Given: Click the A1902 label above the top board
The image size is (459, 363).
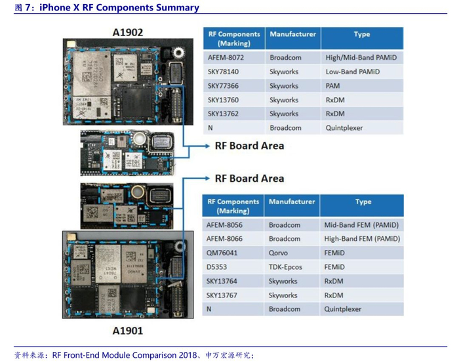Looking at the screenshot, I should click(127, 32).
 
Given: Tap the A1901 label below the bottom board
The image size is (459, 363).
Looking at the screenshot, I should click(127, 330).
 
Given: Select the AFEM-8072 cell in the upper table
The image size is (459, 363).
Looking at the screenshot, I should click(222, 57).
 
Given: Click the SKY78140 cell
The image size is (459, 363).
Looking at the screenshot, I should click(223, 72).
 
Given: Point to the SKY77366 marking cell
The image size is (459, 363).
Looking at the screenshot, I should click(223, 86).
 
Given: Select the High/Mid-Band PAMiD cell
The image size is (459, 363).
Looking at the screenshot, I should click(361, 57).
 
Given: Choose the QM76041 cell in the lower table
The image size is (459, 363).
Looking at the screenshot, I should click(222, 253).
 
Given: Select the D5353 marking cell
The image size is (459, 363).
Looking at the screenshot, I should click(217, 267).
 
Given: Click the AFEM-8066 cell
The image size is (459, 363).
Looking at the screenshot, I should click(224, 239).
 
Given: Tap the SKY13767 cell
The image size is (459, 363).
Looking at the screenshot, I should click(223, 295).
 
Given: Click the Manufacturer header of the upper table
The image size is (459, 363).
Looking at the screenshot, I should click(292, 34).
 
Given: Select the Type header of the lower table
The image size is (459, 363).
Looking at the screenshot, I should click(363, 202).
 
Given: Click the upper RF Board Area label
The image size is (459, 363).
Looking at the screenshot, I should click(249, 145).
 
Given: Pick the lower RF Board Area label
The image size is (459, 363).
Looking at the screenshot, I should click(249, 178).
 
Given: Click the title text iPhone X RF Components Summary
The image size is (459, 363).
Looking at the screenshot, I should click(119, 8).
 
